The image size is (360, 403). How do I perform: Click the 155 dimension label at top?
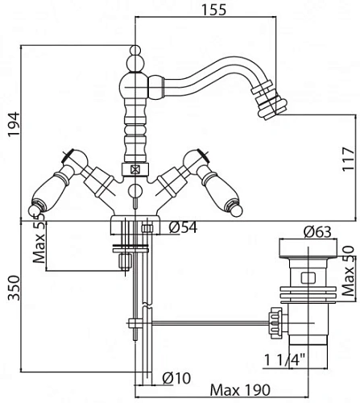tap(213, 10)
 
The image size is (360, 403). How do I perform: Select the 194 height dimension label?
tap(14, 124)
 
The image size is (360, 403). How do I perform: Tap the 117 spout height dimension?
tap(348, 159)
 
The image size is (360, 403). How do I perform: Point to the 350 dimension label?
tap(14, 288)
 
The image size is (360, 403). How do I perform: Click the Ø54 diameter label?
tap(183, 227)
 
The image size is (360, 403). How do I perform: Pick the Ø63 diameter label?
tap(317, 232)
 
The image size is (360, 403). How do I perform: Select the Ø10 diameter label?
tap(176, 378)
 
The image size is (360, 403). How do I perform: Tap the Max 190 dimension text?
tap(240, 390)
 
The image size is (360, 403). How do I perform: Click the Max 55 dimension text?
tap(39, 239)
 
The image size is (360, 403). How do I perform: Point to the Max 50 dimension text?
tap(349, 271)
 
